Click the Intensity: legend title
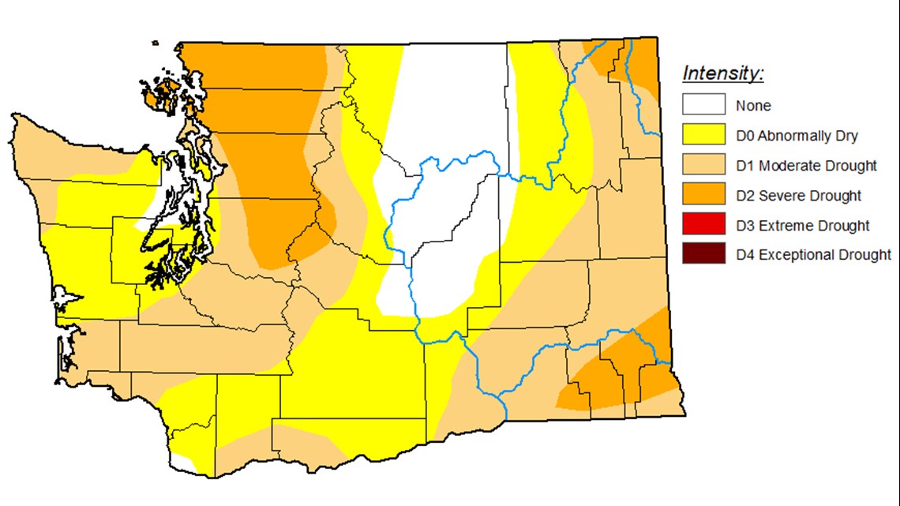pyautogui.click(x=723, y=74)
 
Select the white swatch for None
pyautogui.click(x=704, y=105)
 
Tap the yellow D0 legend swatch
pyautogui.click(x=704, y=135)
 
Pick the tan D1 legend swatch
pyautogui.click(x=704, y=165)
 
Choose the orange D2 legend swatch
pyautogui.click(x=704, y=195)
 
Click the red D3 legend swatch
pyautogui.click(x=704, y=225)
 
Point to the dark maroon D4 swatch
pyautogui.click(x=704, y=254)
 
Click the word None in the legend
pyautogui.click(x=753, y=106)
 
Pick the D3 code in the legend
pyautogui.click(x=745, y=226)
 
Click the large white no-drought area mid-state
pyautogui.click(x=442, y=229)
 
